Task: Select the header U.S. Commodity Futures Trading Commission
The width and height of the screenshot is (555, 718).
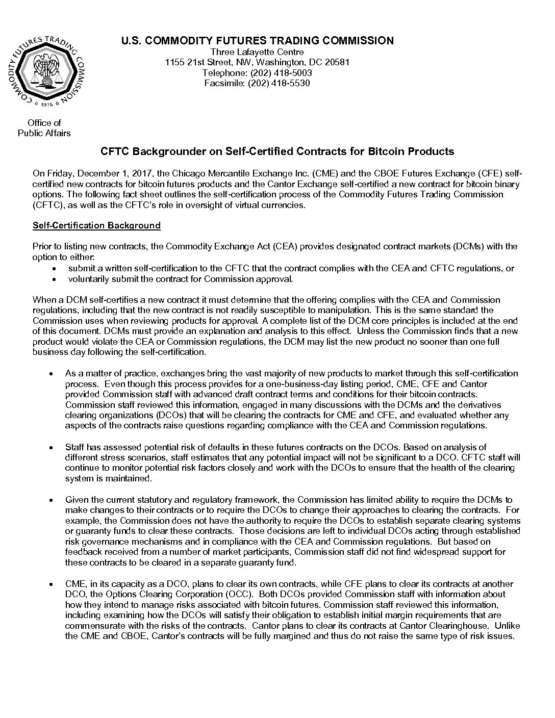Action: [x=257, y=41]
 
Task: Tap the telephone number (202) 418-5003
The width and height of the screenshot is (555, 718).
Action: [x=281, y=73]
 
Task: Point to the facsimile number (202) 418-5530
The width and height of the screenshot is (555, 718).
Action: [x=279, y=83]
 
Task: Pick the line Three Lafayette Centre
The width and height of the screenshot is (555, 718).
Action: [x=257, y=52]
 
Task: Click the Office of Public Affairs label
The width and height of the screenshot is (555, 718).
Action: [x=44, y=128]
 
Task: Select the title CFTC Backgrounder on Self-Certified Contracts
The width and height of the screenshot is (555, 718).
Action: [x=277, y=151]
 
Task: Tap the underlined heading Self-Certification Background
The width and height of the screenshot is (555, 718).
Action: [x=96, y=225]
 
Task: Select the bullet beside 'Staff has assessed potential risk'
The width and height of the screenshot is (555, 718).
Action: [x=52, y=447]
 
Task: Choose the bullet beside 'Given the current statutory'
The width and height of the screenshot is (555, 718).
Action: [x=52, y=500]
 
